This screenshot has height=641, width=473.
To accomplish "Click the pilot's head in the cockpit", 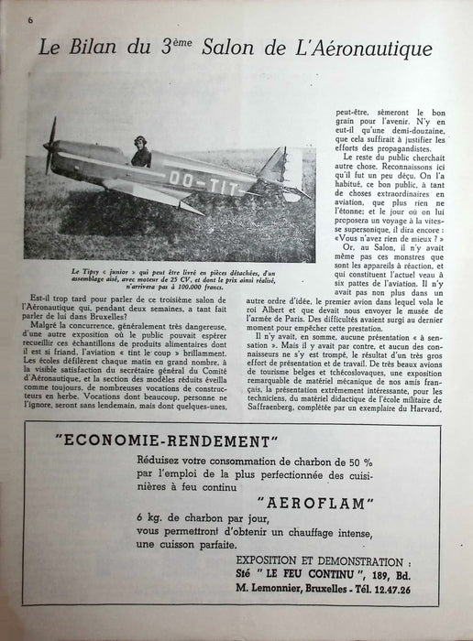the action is [x=143, y=146].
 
